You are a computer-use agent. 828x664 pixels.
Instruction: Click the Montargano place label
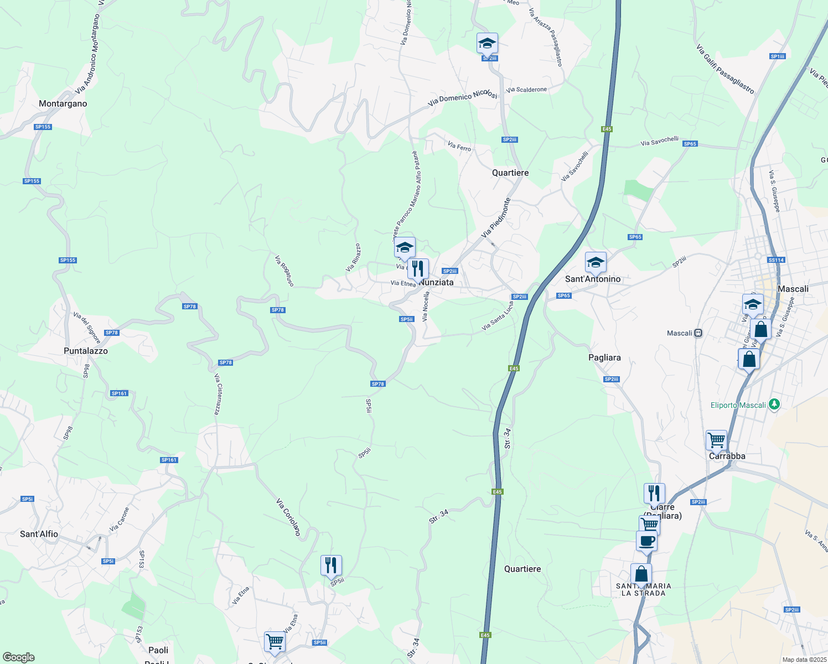[63, 103]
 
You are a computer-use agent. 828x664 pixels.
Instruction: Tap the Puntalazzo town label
[86, 351]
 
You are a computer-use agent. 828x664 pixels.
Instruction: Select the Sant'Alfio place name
[39, 534]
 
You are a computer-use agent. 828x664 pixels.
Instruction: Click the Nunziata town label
[437, 282]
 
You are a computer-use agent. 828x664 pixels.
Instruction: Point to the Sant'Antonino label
[593, 279]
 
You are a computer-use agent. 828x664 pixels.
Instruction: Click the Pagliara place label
[604, 357]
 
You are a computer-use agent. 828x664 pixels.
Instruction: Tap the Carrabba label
[727, 456]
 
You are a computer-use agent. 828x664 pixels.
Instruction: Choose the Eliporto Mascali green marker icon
[774, 405]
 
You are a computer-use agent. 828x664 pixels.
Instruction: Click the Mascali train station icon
[698, 333]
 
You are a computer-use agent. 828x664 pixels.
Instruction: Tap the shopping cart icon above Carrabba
[716, 440]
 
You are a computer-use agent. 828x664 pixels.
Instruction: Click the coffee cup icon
[646, 541]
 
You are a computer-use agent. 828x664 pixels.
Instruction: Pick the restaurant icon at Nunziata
[418, 269]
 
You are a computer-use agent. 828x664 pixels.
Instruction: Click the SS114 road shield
[777, 260]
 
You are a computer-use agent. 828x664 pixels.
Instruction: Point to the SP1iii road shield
[778, 56]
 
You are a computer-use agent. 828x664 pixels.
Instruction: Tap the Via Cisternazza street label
[218, 394]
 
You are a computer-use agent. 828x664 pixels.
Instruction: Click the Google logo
[19, 657]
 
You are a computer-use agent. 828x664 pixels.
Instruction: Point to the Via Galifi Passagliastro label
[725, 70]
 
